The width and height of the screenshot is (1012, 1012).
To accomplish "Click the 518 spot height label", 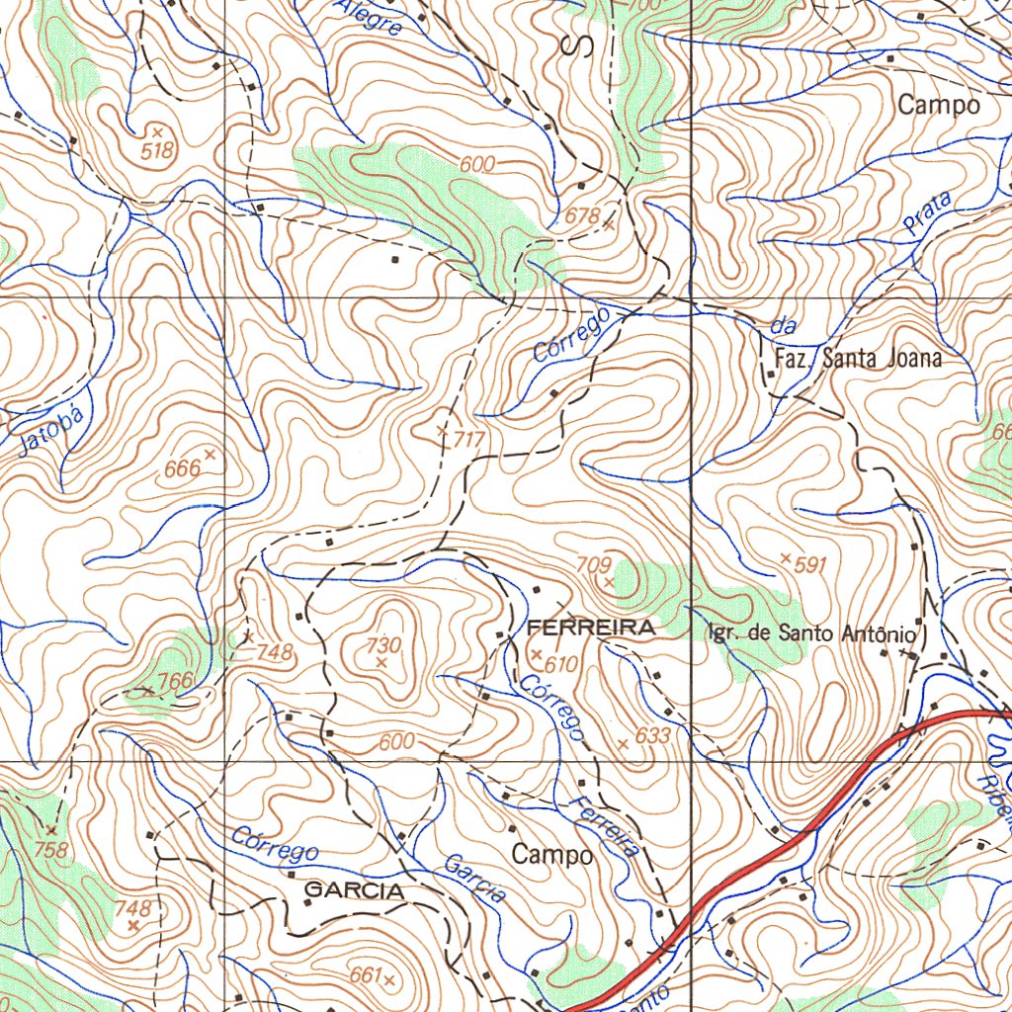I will click(x=157, y=150).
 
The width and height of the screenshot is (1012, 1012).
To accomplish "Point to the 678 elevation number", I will click(x=583, y=216).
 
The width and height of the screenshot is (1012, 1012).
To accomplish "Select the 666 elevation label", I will click(x=183, y=468).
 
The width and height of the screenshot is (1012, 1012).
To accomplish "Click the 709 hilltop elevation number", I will click(x=593, y=565).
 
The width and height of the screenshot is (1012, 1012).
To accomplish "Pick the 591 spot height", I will click(x=809, y=564).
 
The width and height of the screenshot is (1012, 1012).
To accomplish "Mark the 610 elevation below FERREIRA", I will click(x=560, y=664).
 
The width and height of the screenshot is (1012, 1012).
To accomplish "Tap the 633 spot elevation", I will click(x=653, y=735).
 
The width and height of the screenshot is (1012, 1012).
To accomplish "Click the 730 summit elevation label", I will click(x=383, y=645).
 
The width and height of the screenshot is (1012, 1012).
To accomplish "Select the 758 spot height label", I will click(x=50, y=849).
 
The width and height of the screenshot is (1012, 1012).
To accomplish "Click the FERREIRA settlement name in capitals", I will click(x=590, y=628).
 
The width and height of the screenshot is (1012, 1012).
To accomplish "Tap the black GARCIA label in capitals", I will click(x=354, y=890).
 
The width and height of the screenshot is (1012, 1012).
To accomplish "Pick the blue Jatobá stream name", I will click(x=46, y=432).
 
